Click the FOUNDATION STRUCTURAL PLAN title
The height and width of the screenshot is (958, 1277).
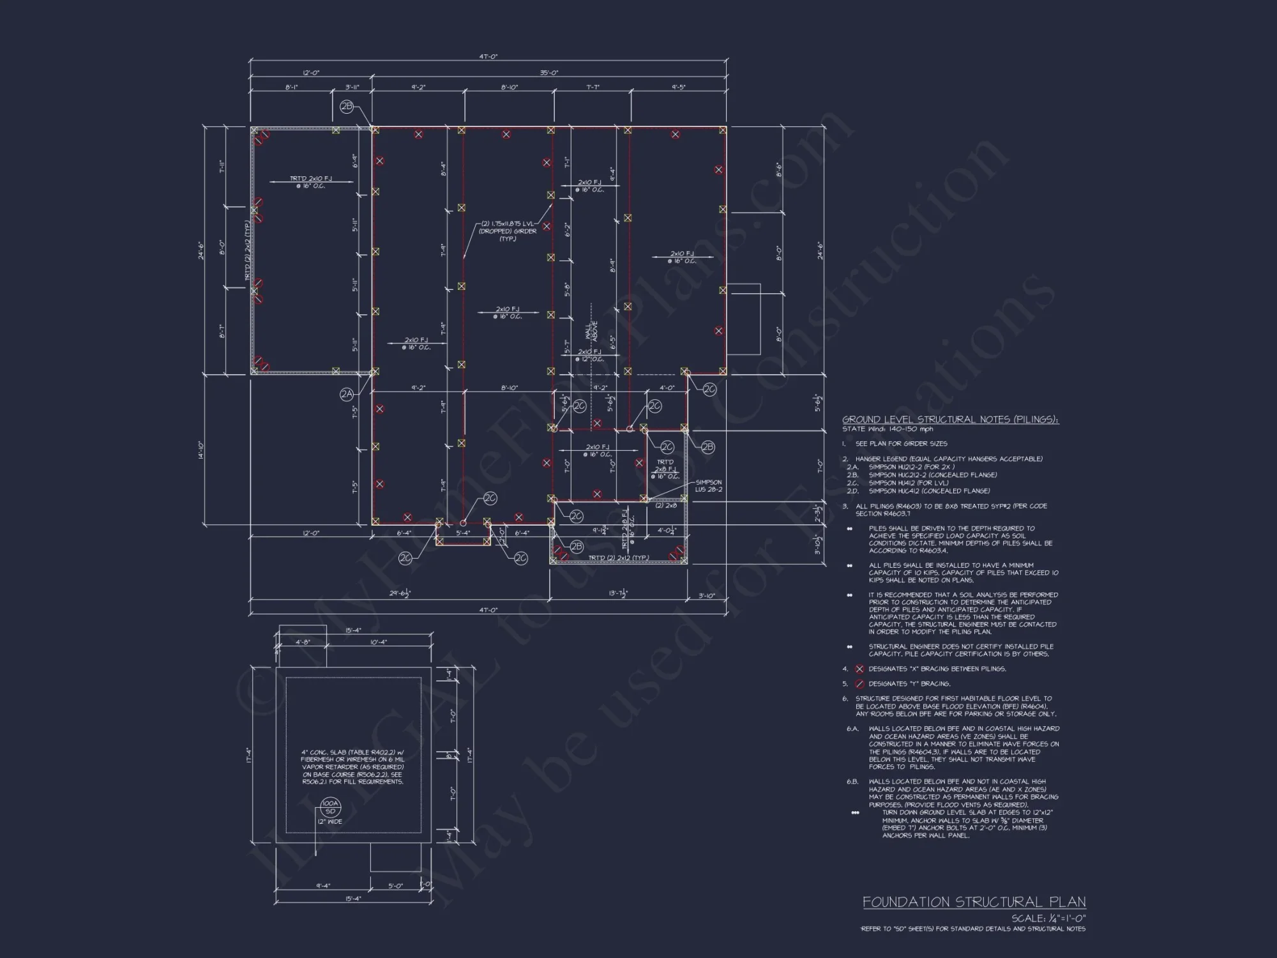pyautogui.click(x=974, y=902)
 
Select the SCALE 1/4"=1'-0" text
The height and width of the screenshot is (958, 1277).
pyautogui.click(x=1048, y=918)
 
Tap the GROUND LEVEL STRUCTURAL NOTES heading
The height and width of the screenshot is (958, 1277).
pyautogui.click(x=950, y=420)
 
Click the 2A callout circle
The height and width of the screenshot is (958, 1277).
pyautogui.click(x=346, y=395)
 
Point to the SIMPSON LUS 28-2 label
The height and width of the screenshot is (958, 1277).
pyautogui.click(x=709, y=486)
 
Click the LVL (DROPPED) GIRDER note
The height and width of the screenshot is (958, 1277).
pyautogui.click(x=508, y=231)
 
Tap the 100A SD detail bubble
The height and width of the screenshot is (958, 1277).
pyautogui.click(x=330, y=807)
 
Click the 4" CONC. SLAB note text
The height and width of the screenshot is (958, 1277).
pyautogui.click(x=352, y=767)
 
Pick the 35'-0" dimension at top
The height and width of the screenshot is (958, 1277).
pyautogui.click(x=548, y=73)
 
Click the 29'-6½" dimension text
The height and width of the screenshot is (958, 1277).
pyautogui.click(x=400, y=593)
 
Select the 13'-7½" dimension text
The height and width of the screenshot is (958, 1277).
pyautogui.click(x=617, y=593)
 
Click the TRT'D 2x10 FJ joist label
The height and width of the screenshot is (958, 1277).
pyautogui.click(x=311, y=182)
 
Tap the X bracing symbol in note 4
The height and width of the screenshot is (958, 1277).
pyautogui.click(x=859, y=669)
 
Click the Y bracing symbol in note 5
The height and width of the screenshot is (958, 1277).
pyautogui.click(x=859, y=684)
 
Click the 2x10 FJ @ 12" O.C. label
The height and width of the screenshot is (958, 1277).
pyautogui.click(x=589, y=355)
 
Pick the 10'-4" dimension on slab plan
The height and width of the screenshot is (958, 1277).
pyautogui.click(x=379, y=642)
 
